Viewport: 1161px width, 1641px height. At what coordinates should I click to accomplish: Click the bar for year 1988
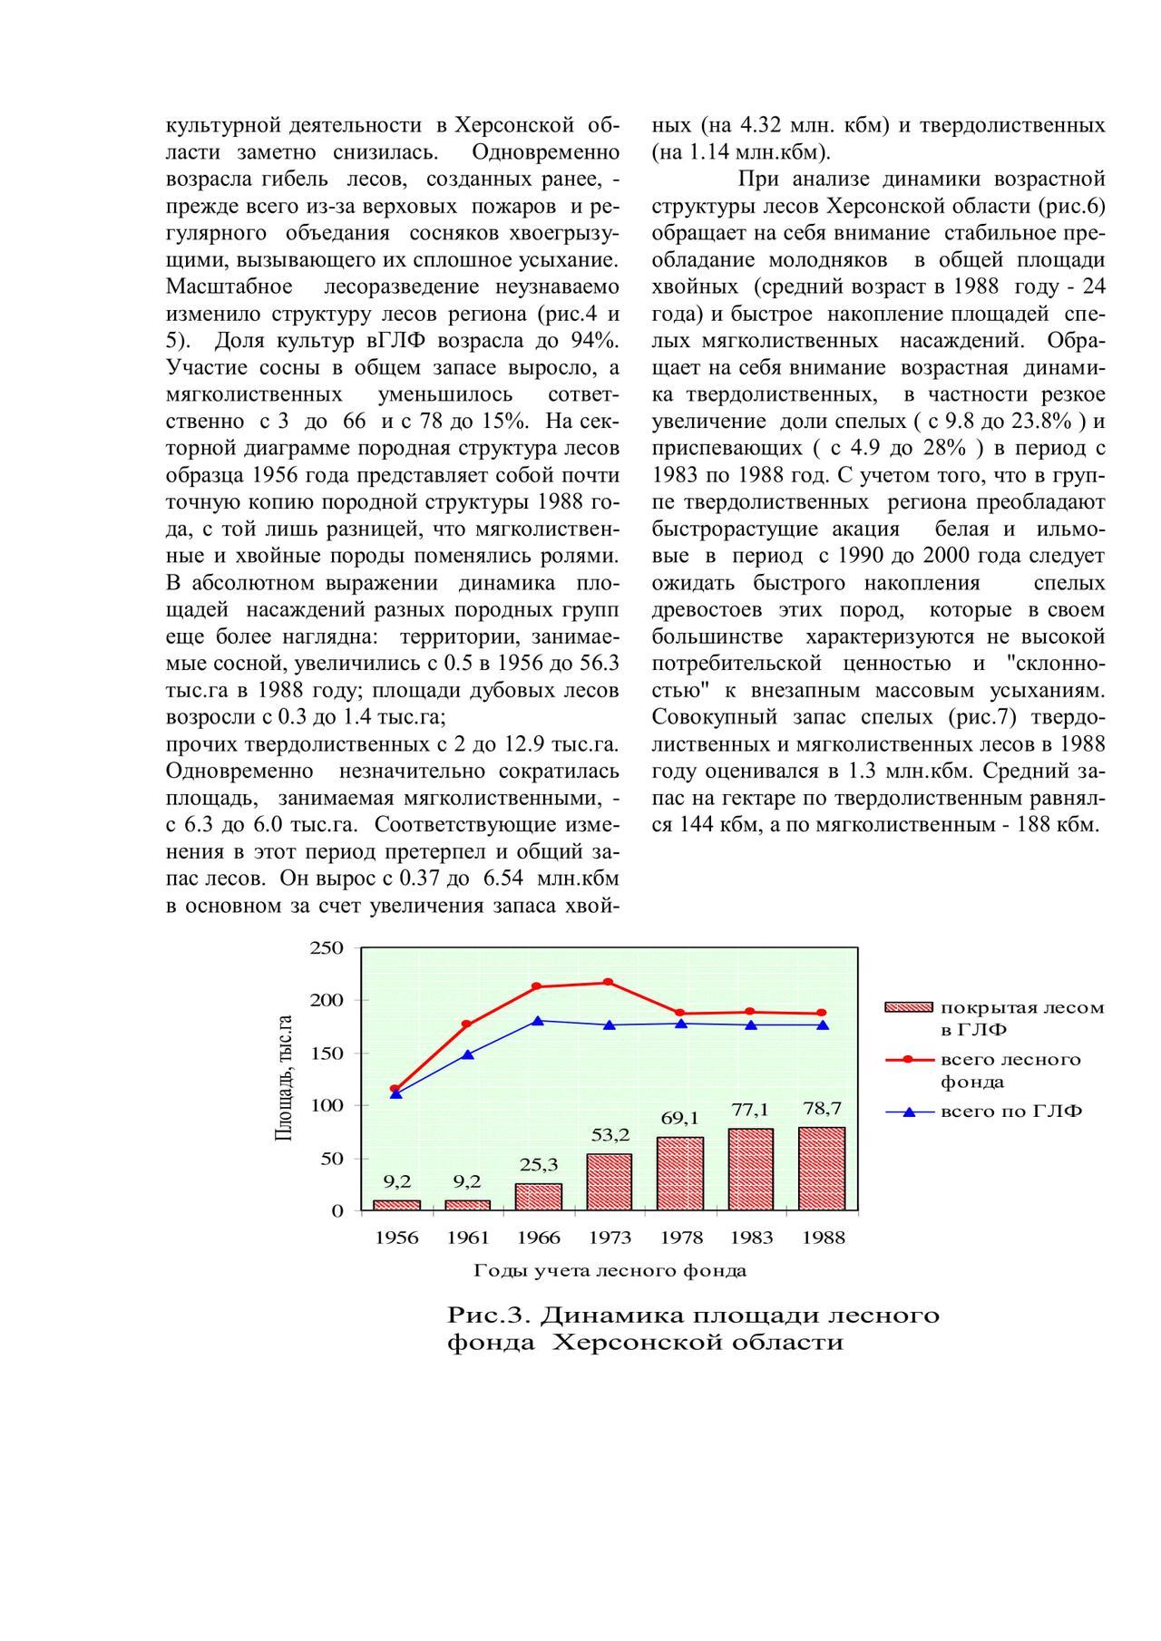822,1169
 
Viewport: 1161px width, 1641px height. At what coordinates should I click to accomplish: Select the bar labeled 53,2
609,1181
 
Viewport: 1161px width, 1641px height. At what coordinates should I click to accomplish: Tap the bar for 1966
539,1197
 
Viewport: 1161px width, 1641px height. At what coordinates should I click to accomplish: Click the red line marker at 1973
609,983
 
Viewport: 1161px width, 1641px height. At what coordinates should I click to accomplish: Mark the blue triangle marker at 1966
538,1021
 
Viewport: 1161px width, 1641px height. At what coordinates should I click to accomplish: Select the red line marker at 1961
467,1024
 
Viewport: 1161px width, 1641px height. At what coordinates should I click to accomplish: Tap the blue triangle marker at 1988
822,1025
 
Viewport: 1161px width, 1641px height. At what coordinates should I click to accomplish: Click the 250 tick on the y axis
327,948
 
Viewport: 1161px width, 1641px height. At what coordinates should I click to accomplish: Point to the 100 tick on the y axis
327,1105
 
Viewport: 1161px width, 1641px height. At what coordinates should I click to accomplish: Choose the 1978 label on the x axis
680,1238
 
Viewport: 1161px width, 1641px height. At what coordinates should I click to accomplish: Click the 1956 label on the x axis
396,1238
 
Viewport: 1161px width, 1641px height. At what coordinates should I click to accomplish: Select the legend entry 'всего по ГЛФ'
1010,1112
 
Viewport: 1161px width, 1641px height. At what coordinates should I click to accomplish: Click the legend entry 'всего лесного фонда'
1010,1071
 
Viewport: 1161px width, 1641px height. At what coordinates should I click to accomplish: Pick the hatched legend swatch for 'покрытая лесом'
908,1007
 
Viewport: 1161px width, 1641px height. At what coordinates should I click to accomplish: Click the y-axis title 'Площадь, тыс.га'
284,1079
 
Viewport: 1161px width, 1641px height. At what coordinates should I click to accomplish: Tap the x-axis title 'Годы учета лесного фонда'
610,1270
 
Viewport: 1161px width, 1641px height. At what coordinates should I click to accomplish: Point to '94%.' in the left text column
596,341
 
